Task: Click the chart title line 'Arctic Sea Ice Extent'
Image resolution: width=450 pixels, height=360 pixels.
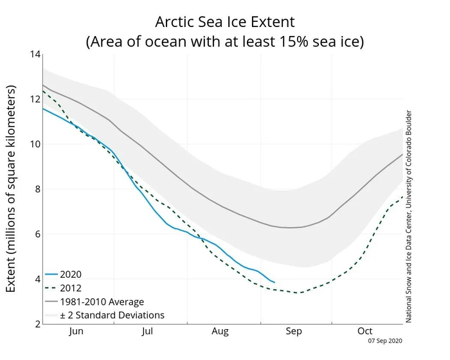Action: coord(224,21)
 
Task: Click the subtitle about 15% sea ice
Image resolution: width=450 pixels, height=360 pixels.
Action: coord(224,42)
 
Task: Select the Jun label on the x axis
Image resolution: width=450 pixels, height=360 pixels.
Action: coord(76,332)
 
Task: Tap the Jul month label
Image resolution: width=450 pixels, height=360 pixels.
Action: coord(148,332)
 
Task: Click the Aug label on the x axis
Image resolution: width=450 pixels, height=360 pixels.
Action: coord(221,332)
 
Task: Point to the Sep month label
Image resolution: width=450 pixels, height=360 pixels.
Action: coord(293,332)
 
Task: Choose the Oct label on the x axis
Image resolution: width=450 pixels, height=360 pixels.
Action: coord(364,332)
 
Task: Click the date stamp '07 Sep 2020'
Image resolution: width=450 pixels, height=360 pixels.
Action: coord(385,341)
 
